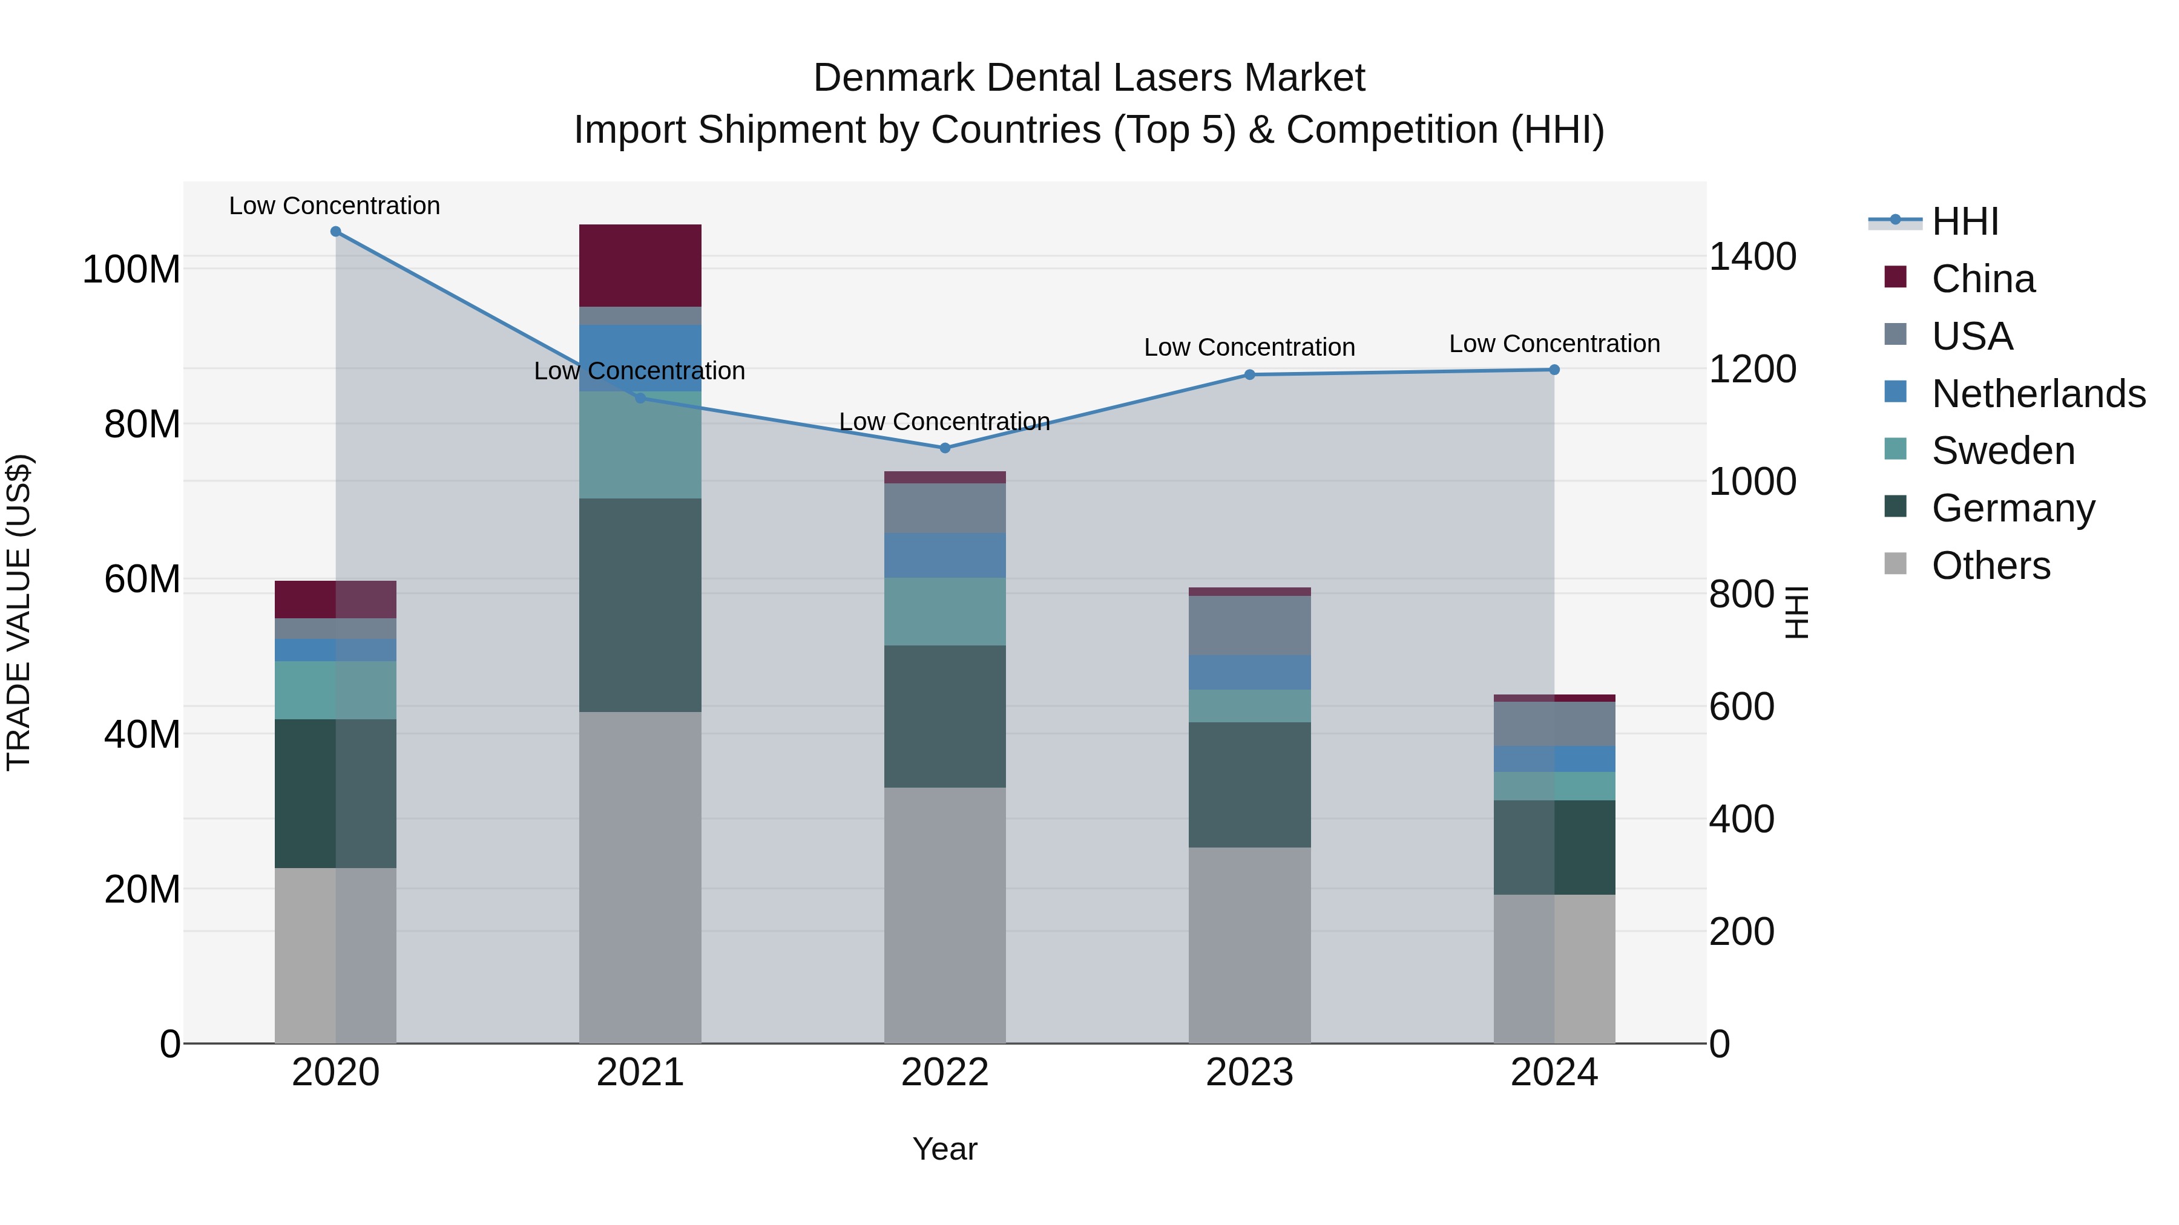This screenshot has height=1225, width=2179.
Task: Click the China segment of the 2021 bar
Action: click(640, 266)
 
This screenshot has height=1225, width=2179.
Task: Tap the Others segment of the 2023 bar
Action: click(1249, 944)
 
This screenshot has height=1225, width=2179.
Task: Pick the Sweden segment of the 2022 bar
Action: click(944, 611)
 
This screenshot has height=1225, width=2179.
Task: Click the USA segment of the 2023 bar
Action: click(1249, 625)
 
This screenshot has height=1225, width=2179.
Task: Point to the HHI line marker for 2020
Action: click(336, 232)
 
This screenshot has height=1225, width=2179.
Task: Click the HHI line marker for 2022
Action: click(945, 448)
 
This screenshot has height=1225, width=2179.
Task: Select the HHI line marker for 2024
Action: click(1554, 370)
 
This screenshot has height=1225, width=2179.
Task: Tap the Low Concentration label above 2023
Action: click(1249, 347)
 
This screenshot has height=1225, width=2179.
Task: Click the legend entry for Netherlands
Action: click(2039, 394)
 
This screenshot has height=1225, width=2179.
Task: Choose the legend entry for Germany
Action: click(2013, 508)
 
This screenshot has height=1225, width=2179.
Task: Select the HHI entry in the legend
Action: click(1965, 221)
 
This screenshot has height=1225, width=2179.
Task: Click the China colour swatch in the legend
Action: click(1896, 277)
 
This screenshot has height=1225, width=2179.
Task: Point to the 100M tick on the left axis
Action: click(131, 270)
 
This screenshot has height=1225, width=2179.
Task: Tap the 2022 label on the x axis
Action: click(944, 1073)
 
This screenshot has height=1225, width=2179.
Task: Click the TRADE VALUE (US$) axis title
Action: click(19, 612)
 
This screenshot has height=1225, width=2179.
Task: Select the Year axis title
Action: click(944, 1149)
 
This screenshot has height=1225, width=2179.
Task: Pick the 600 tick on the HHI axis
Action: click(1741, 707)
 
